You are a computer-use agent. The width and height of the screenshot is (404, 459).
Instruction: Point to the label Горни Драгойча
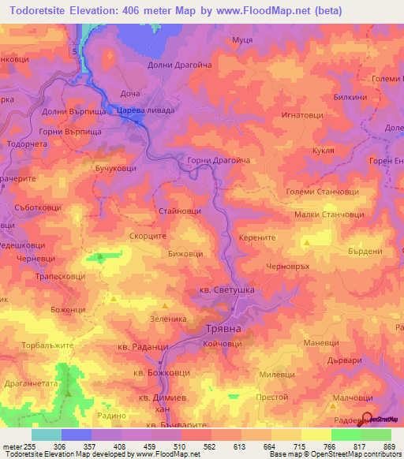point(219,160)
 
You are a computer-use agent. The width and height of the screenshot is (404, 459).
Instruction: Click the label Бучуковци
point(115,169)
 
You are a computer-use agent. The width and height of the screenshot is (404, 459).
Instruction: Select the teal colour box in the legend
point(46,435)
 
